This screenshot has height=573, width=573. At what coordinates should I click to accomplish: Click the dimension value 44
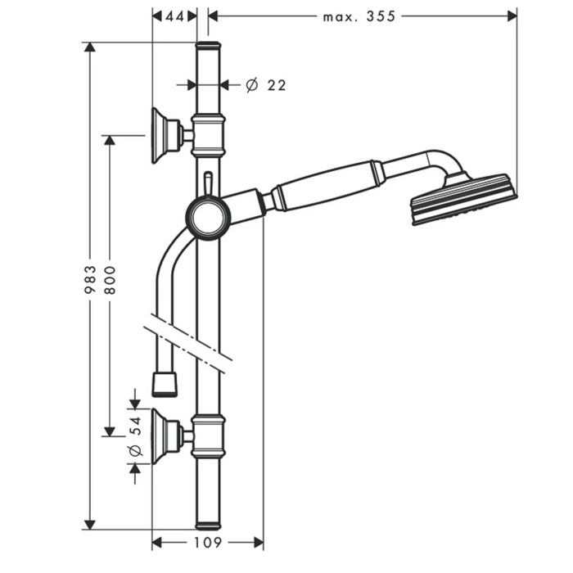174,16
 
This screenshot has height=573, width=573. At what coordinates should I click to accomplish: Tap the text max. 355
359,16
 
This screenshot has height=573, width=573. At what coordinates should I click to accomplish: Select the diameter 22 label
266,85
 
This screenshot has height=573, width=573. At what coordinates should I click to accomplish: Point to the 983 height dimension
90,280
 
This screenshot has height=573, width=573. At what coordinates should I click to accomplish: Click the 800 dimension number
110,280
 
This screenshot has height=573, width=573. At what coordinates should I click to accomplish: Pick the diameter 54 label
136,436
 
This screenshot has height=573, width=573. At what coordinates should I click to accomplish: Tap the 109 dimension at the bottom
207,543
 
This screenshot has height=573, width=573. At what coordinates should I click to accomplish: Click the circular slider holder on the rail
208,219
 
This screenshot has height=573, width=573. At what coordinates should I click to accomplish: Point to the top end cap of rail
208,47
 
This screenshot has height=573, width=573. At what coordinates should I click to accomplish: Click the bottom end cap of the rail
208,526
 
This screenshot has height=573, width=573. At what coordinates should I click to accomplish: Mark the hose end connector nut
165,385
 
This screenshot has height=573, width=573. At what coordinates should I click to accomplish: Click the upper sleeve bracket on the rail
208,136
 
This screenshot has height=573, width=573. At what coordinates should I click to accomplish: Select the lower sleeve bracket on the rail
208,436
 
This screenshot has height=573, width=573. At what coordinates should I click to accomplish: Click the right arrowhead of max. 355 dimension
512,16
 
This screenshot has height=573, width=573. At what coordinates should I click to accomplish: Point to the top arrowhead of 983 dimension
90,47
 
